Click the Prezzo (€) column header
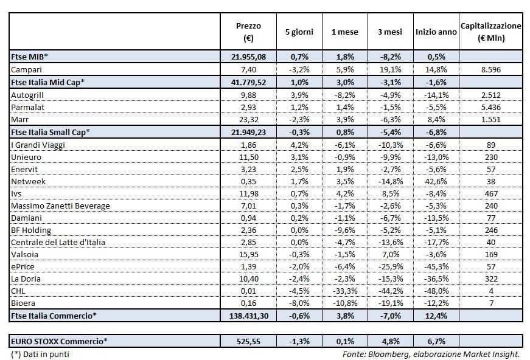248,32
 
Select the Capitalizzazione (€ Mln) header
491,32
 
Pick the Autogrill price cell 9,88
248,94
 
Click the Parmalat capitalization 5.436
490,106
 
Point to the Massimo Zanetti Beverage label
61,206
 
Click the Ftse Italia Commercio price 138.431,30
248,316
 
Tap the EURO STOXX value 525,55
248,341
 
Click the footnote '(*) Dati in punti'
40,353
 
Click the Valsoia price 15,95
248,254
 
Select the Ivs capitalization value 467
490,193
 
